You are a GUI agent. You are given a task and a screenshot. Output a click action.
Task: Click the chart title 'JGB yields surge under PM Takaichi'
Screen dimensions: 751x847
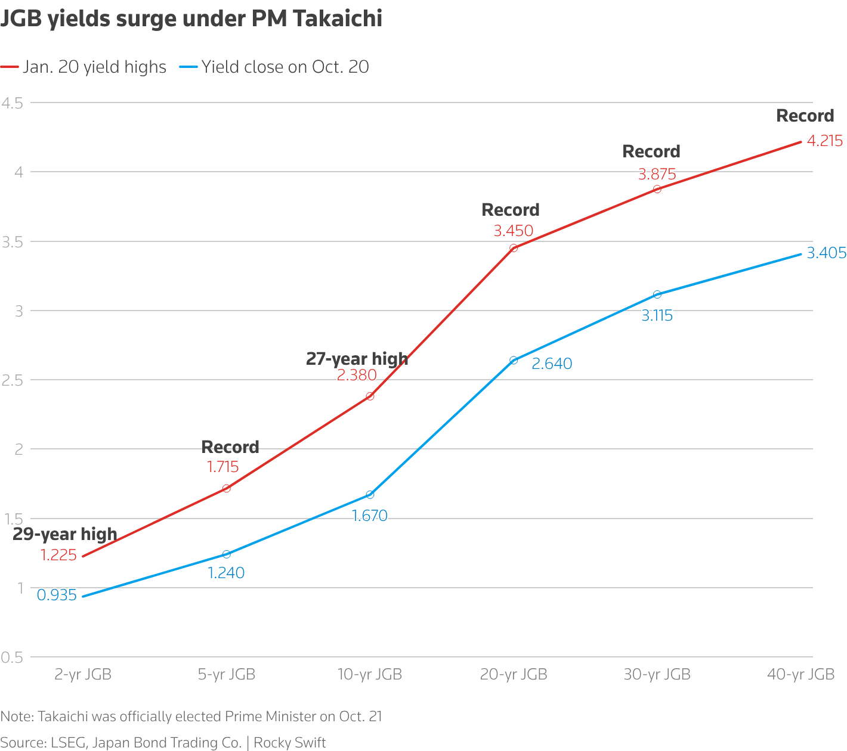tap(191, 19)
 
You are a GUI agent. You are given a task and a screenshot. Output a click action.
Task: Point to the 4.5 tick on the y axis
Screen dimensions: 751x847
tap(12, 103)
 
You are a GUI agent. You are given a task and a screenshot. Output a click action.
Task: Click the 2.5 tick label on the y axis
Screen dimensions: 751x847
tap(12, 380)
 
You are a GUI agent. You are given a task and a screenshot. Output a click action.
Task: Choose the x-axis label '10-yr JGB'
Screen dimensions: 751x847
tap(370, 674)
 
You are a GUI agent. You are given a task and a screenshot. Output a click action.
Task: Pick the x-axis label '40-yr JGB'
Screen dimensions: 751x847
tap(800, 674)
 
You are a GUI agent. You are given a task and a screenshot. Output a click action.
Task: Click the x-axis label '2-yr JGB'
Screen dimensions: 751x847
tap(83, 674)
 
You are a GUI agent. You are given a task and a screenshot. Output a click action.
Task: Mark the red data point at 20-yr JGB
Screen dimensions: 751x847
tap(514, 248)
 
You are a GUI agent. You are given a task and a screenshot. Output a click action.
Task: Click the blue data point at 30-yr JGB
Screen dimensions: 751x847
tap(657, 294)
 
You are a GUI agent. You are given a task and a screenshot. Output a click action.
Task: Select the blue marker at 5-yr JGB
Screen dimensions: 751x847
tap(227, 554)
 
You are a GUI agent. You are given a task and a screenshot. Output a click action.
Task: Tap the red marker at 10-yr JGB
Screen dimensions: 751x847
tap(370, 396)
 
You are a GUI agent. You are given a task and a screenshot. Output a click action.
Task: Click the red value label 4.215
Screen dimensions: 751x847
tap(825, 141)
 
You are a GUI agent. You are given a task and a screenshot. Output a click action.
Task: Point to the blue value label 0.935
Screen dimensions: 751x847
tap(57, 595)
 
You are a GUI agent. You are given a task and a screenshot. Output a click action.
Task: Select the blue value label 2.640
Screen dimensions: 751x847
tap(552, 364)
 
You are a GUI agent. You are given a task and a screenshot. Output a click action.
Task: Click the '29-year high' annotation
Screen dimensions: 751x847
tap(65, 534)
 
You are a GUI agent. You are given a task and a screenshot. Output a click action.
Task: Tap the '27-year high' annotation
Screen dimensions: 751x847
tap(357, 359)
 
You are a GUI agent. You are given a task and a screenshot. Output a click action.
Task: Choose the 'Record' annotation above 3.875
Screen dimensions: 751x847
tap(651, 151)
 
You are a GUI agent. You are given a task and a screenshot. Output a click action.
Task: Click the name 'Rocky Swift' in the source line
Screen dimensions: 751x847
tap(290, 743)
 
